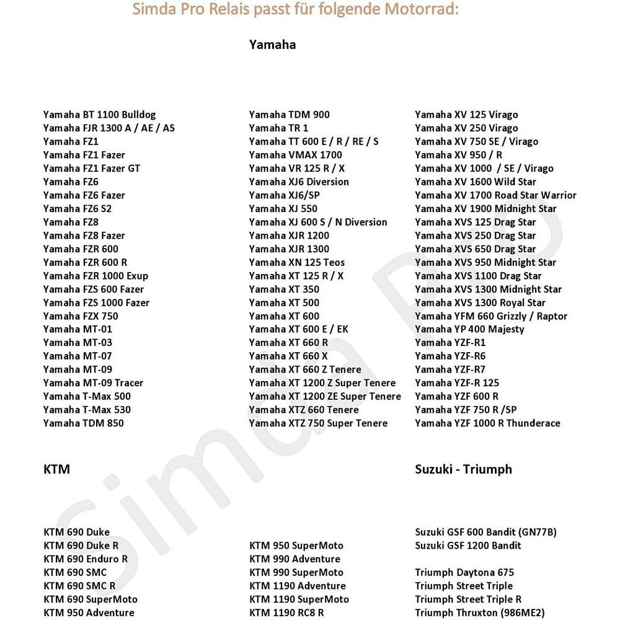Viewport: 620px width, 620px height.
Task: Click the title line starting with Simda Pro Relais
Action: pyautogui.click(x=296, y=11)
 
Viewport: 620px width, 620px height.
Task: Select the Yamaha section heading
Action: pyautogui.click(x=272, y=45)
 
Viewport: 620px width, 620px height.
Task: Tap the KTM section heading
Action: pyautogui.click(x=56, y=469)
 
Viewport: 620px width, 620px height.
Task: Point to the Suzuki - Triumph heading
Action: pyautogui.click(x=463, y=469)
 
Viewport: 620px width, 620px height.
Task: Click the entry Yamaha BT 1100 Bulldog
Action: pyautogui.click(x=99, y=115)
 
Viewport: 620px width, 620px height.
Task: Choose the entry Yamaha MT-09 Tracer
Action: pyautogui.click(x=93, y=383)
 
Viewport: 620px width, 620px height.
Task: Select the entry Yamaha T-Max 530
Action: pyautogui.click(x=87, y=410)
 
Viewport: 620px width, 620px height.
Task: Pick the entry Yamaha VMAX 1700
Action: pyautogui.click(x=295, y=155)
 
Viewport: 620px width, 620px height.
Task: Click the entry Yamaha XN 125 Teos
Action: pyautogui.click(x=296, y=262)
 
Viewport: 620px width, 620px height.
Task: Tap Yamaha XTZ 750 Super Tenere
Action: pyautogui.click(x=318, y=423)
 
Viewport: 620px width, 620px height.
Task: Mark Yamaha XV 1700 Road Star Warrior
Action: pyautogui.click(x=495, y=195)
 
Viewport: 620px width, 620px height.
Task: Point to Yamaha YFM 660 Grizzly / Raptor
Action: pyautogui.click(x=491, y=316)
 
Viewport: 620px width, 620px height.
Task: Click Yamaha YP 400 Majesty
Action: pyautogui.click(x=469, y=329)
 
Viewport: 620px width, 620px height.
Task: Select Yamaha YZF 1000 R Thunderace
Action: pyautogui.click(x=487, y=423)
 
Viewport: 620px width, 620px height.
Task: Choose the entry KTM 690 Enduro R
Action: pyautogui.click(x=86, y=559)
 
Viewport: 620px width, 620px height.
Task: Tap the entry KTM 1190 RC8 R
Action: pyautogui.click(x=286, y=613)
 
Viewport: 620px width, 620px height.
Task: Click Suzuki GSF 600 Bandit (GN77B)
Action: pyautogui.click(x=485, y=532)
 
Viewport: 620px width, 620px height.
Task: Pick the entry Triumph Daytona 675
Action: pyautogui.click(x=464, y=572)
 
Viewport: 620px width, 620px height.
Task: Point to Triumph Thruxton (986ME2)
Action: pyautogui.click(x=480, y=613)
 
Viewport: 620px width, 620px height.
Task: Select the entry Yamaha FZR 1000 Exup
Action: pyautogui.click(x=95, y=276)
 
